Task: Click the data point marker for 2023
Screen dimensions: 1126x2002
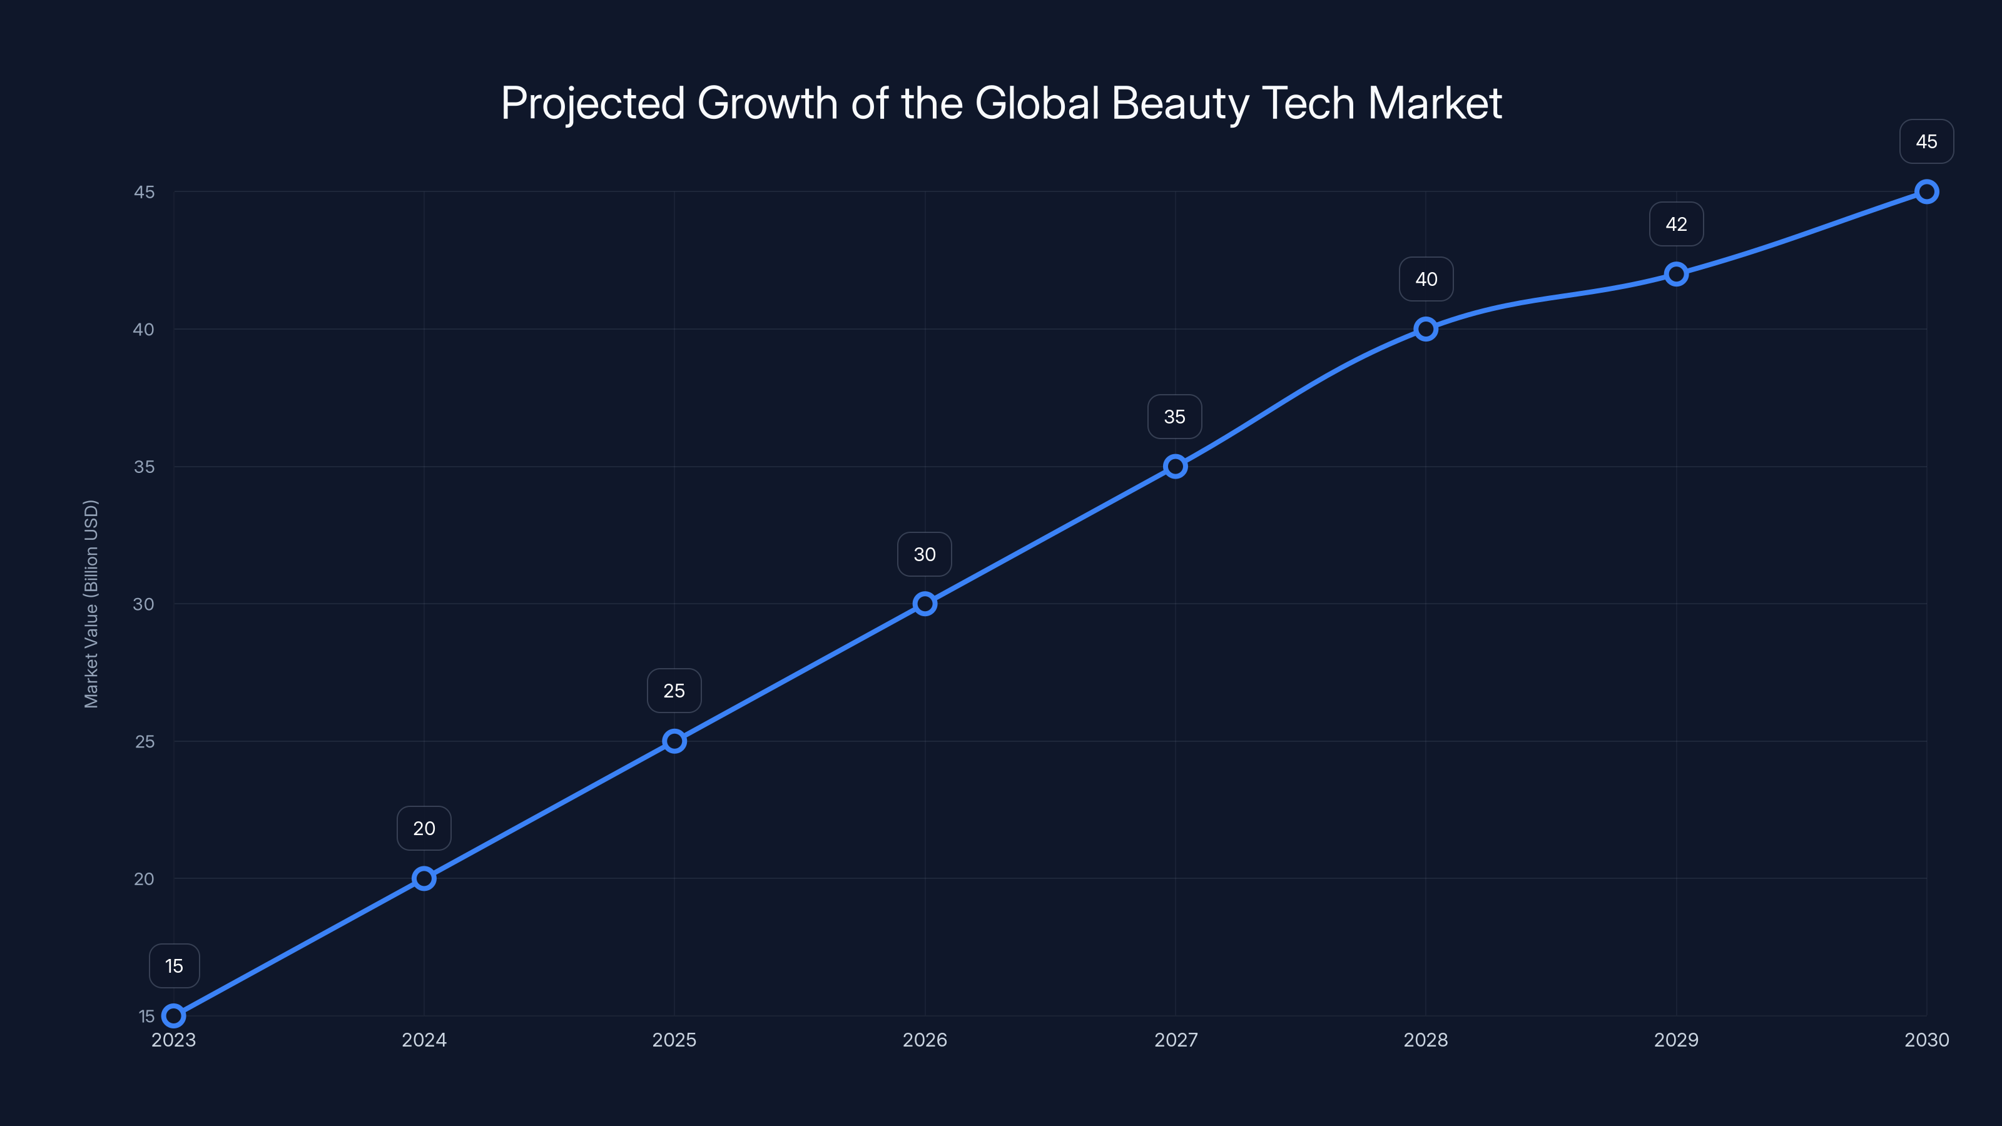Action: coord(174,1016)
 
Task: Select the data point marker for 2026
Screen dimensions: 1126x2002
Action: coord(925,604)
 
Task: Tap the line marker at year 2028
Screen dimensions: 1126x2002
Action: coord(1425,328)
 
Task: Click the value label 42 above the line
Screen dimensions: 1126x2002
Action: coord(1677,225)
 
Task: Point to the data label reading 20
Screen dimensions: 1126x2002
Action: coord(424,828)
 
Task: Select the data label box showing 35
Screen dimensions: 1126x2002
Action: coord(1174,417)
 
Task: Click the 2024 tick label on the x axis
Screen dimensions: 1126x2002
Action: coord(424,1040)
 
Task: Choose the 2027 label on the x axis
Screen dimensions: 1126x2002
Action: coord(1175,1040)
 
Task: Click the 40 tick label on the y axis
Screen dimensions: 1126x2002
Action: coord(144,330)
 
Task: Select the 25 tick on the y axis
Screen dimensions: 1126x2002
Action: coord(145,741)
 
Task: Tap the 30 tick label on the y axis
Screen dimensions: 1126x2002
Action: coord(144,604)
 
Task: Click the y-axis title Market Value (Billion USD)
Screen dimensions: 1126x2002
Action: coord(91,604)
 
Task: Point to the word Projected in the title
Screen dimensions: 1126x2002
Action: coord(593,103)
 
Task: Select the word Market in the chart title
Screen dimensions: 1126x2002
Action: coord(1435,103)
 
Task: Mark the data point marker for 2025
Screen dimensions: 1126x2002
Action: coord(674,741)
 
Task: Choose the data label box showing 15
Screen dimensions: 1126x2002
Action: coord(174,966)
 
